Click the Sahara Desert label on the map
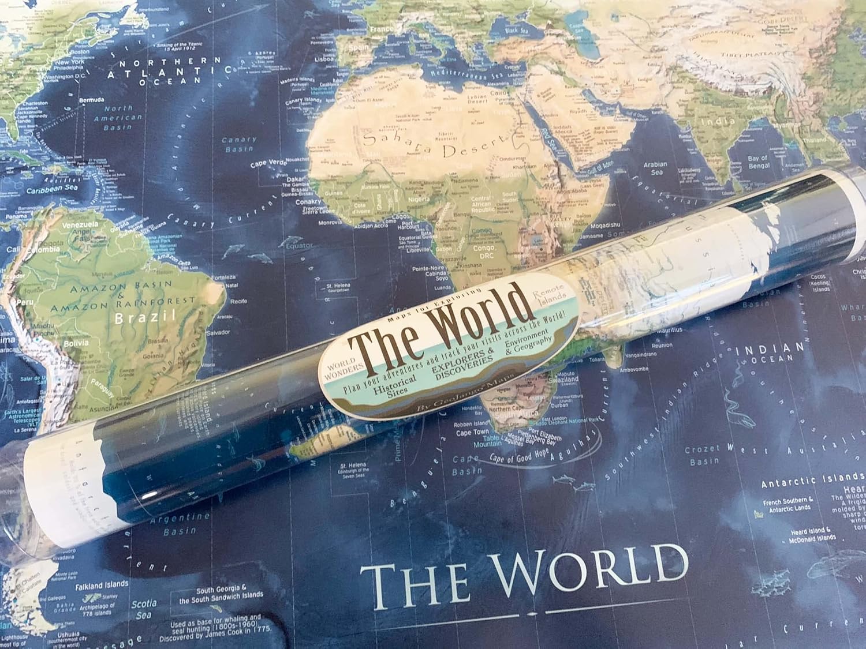[427, 144]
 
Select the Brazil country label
[144, 317]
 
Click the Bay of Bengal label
[757, 162]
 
